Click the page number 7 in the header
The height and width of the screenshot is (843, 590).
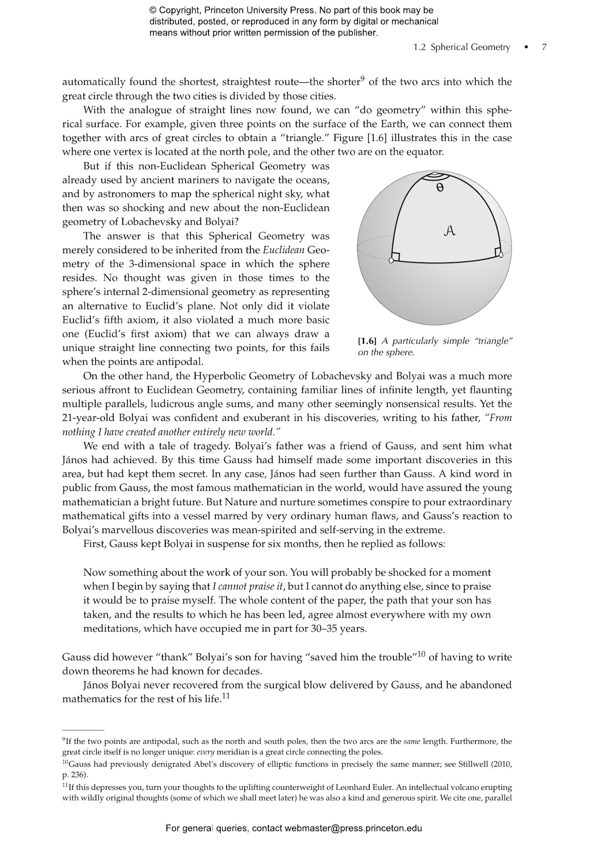544,48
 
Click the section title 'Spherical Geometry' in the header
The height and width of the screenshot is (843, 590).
470,48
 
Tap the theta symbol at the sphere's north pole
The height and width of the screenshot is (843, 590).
440,188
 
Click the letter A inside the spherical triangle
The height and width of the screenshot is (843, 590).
449,231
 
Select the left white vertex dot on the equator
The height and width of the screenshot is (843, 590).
391,260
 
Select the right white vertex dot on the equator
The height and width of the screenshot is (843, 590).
501,255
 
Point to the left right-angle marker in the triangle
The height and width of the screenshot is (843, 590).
396,256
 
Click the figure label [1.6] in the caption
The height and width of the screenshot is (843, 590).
367,341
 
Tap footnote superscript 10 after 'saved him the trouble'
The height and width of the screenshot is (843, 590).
421,654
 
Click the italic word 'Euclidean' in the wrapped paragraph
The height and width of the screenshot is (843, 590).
283,250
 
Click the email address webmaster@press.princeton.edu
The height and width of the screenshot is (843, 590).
353,828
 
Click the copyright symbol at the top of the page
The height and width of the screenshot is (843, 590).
153,11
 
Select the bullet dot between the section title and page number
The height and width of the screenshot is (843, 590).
526,48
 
